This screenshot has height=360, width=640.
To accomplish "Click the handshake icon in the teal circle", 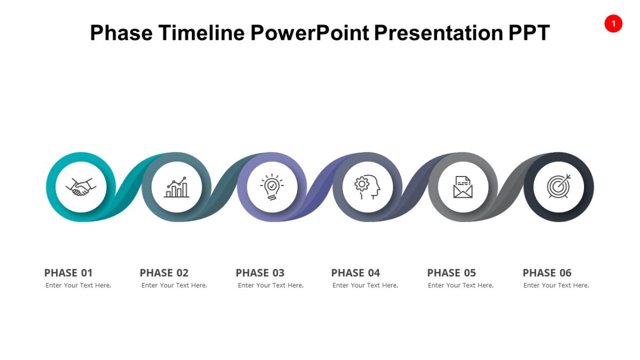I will tap(81, 187).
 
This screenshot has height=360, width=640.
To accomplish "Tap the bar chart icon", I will tap(177, 187).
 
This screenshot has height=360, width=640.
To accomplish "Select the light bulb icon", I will tap(272, 187).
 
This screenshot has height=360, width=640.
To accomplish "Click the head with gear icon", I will tap(367, 187).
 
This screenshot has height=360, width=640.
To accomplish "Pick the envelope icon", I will tap(463, 187).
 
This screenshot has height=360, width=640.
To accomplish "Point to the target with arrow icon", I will tap(558, 187).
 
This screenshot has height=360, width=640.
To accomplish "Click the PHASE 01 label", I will tap(68, 273).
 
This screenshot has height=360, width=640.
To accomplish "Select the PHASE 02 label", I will tap(164, 273).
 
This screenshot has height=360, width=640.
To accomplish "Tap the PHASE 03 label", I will tap(260, 273).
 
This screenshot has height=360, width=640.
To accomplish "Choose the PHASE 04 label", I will tap(356, 273).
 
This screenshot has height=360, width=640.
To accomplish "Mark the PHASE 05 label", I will tap(452, 273).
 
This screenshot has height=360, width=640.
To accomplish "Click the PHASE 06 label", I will tap(547, 273).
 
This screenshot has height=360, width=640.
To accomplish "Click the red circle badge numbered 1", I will tap(613, 23).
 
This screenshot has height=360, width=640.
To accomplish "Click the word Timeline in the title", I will tap(202, 33).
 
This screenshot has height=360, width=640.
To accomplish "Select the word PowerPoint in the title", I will tap(309, 33).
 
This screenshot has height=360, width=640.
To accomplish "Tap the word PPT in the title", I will tap(529, 33).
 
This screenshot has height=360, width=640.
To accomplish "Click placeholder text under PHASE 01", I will tap(78, 285).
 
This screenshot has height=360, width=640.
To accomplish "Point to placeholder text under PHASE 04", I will tap(365, 285).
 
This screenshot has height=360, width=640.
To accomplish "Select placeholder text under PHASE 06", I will tap(556, 285).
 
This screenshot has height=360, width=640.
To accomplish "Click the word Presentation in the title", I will tap(438, 33).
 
